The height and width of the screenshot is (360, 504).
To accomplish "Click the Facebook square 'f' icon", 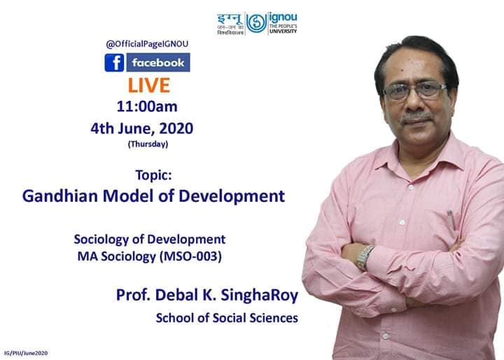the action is pos(114,62).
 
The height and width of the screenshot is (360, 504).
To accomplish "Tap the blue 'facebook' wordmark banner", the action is pos(158,62).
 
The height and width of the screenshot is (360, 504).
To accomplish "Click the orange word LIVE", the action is pos(149,85).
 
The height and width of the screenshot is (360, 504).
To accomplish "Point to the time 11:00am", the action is pos(147,106).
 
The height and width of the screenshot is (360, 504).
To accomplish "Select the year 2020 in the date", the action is pos(176,128).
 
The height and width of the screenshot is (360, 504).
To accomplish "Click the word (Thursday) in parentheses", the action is pos(148,144).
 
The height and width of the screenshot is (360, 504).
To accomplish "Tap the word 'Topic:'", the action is pos(153,175).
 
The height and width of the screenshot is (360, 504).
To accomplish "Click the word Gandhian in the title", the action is pos(59,195).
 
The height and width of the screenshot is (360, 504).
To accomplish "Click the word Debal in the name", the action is pos(176,295).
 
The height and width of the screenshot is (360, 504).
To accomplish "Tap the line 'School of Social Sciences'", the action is pos(227,318).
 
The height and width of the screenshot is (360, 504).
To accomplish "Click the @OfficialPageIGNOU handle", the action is pos(147,43).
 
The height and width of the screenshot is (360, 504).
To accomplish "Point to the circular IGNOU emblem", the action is pos(256,23).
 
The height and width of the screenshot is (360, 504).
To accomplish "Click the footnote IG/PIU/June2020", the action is pos(26,353).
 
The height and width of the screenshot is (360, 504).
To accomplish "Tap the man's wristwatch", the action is pos(365,257).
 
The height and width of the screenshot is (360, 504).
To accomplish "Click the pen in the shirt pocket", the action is pos(451,219).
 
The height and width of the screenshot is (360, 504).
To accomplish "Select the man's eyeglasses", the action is pos(414,90).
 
